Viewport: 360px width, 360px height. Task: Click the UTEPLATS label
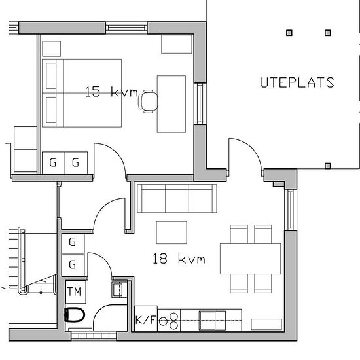coord(297,82)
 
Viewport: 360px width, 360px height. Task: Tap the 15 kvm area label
coord(111,92)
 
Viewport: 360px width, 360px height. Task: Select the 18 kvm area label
coord(179,259)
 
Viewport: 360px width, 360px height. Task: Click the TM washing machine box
coord(75,292)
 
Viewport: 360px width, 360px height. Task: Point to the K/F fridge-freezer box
coord(146,319)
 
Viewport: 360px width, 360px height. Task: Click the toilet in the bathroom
coord(75,315)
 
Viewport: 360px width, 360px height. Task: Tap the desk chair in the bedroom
coord(148,101)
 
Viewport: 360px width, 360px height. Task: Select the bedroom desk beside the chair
coord(171,104)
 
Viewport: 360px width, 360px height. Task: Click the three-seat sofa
coord(177,198)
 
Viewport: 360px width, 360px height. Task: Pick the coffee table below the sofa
coord(171,232)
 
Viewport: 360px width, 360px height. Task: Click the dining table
coord(250,259)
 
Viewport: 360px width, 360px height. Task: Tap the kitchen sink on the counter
coord(212,320)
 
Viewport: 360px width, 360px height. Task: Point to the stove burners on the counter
coord(170,321)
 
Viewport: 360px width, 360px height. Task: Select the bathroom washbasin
coord(119,289)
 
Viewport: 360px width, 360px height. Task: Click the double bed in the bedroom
coord(82,93)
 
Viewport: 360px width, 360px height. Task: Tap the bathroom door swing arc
coord(105,259)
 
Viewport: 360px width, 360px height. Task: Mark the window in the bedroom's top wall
coord(126,27)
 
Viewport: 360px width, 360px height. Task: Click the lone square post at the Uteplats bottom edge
coord(328,166)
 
